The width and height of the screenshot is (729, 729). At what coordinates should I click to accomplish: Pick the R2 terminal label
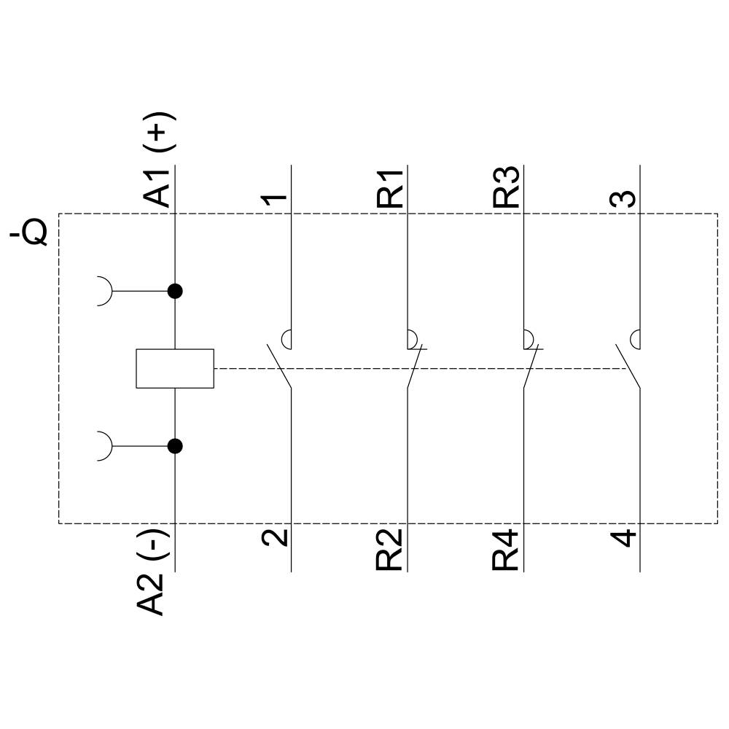(x=391, y=550)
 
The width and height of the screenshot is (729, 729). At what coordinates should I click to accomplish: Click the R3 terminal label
(x=507, y=188)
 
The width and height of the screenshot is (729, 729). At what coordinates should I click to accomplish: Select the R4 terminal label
(x=507, y=551)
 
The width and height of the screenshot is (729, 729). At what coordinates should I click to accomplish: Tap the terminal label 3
(x=624, y=198)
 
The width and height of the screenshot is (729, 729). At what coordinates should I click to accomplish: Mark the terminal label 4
(x=624, y=538)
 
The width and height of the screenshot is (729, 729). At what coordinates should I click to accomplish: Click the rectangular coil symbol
(x=175, y=368)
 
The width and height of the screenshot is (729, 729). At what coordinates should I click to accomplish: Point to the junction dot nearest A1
(x=175, y=292)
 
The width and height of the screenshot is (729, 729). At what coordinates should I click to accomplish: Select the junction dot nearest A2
(x=175, y=446)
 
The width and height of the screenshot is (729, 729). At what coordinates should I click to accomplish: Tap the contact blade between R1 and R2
(x=413, y=366)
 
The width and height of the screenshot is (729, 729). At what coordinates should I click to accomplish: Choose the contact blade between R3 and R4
(x=530, y=366)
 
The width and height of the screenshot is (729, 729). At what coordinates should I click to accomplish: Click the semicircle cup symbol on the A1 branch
(x=106, y=292)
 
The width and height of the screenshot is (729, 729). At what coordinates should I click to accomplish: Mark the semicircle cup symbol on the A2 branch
(x=106, y=446)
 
